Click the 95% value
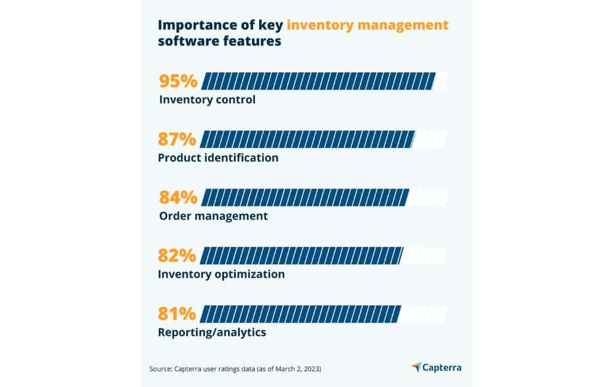(x=177, y=81)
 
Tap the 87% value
(x=177, y=139)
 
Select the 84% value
(x=178, y=198)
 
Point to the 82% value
(x=177, y=256)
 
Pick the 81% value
(x=177, y=314)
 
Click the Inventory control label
(x=207, y=100)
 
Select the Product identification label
(x=218, y=158)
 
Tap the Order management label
(x=213, y=216)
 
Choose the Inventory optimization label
(x=221, y=274)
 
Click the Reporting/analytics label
(x=212, y=332)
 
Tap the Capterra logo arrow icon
(x=416, y=367)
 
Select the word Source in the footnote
(x=162, y=369)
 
